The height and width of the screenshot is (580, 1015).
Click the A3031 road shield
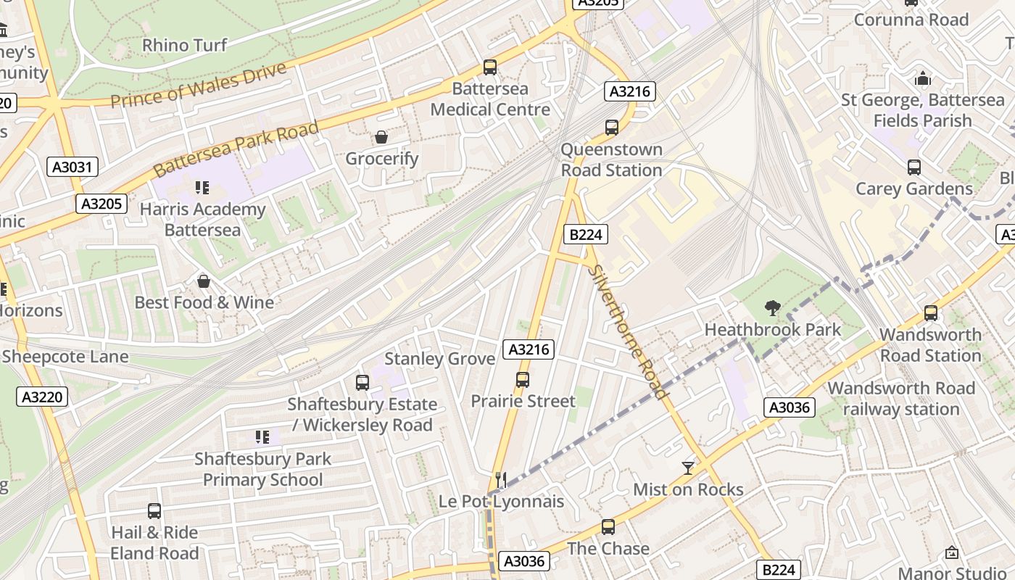pos(73,167)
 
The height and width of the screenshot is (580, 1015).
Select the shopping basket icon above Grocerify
pos(381,137)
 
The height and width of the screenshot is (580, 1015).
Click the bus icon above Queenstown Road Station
pos(611,128)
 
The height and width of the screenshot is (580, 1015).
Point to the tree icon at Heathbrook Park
pos(773,308)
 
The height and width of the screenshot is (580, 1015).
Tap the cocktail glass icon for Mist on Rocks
pos(687,468)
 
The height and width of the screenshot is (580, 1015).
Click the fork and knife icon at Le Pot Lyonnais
pos(500,479)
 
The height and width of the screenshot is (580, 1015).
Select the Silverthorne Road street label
pos(627,332)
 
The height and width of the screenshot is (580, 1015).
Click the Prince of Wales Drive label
pos(199,86)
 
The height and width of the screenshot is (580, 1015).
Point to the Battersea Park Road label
pos(236,149)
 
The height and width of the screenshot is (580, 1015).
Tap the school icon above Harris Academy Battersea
pos(202,188)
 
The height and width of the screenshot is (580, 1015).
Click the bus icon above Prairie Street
pos(522,379)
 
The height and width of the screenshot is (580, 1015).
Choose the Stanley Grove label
pos(439,359)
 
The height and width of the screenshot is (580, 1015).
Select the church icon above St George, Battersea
pos(922,78)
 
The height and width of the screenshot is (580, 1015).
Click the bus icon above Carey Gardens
pos(913,167)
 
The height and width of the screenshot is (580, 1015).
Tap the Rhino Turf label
pos(184,45)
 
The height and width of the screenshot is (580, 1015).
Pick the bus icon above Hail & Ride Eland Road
pos(154,511)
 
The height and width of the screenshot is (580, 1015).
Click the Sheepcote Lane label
pos(65,357)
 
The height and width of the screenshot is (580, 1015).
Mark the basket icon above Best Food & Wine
pos(204,281)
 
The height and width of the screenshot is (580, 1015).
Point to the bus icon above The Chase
pos(608,527)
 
